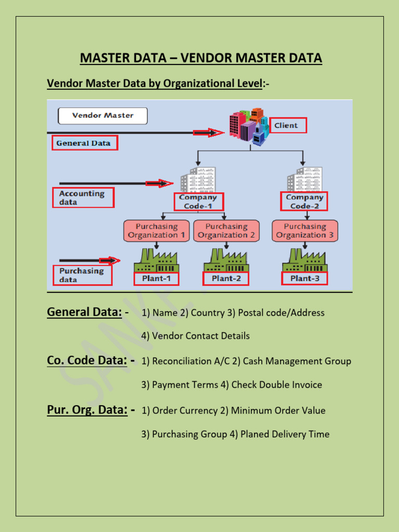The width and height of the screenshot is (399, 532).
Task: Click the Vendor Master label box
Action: point(102,115)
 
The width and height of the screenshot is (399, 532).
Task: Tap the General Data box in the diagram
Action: point(85,143)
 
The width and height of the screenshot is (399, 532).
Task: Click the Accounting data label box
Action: point(83,198)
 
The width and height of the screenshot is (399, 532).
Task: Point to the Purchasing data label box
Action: point(82,275)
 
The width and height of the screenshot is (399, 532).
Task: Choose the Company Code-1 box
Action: point(198,202)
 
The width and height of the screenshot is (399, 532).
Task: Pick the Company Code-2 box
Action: point(304,202)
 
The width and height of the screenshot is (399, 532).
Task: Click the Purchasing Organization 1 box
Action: point(157,231)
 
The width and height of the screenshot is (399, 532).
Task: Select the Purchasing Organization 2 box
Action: point(227,231)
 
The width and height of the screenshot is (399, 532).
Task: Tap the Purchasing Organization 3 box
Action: point(305,231)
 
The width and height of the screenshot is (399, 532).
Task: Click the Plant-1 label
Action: point(156,278)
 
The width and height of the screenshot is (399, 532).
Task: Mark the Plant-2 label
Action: point(226,278)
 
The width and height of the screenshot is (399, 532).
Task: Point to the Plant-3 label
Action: point(305,278)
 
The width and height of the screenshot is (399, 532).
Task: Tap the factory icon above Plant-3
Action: point(305,260)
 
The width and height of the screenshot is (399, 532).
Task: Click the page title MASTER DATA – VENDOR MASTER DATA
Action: point(201,58)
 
